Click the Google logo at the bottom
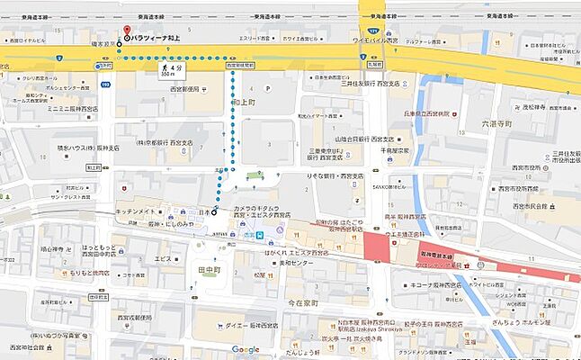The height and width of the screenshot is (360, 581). coord(245,349)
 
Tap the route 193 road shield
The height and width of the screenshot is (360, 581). coord(105,85)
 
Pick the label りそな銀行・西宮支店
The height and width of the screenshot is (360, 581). coord(333,175)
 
